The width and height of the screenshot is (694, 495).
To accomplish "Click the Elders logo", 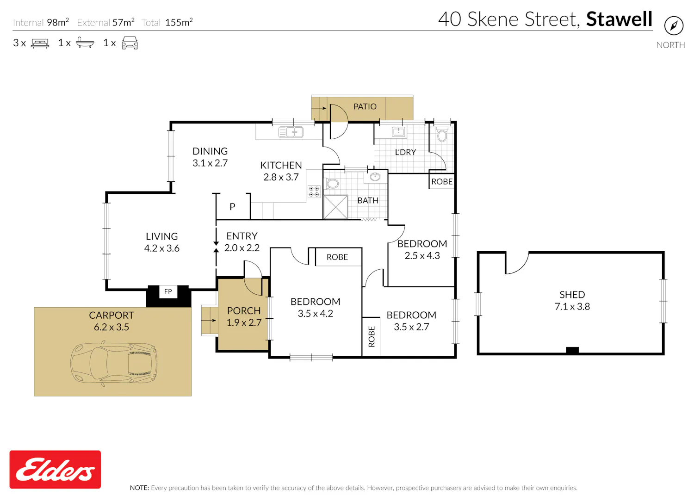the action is [55, 469].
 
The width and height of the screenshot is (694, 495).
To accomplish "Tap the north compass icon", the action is [674, 26].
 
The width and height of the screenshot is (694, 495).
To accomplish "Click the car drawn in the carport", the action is [114, 363].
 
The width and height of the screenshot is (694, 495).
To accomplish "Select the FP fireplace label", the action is [168, 291].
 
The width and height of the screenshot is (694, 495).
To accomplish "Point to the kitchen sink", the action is [291, 132].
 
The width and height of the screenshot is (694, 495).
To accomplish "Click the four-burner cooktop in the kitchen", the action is [314, 192].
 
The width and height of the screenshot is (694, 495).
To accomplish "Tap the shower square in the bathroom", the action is [335, 207].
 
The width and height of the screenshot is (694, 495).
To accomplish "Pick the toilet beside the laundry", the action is [442, 135].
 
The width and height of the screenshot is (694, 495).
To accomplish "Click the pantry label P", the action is [232, 207].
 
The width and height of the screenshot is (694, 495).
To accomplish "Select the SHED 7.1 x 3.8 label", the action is [572, 300].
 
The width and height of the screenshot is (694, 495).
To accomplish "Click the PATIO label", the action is [365, 106].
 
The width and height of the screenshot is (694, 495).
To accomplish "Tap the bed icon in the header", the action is [40, 43].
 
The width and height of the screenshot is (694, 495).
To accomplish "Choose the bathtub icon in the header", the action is [85, 43].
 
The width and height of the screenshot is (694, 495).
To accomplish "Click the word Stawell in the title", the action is [620, 19].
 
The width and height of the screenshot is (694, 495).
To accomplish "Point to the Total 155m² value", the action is [179, 22].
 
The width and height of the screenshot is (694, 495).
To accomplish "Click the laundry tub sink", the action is [398, 132].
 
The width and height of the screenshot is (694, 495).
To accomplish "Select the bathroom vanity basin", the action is [375, 177].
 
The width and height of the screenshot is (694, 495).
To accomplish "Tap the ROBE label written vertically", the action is [372, 336].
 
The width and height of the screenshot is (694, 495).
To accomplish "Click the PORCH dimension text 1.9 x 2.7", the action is [244, 322].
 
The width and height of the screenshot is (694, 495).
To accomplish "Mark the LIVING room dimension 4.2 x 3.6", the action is [162, 248].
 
